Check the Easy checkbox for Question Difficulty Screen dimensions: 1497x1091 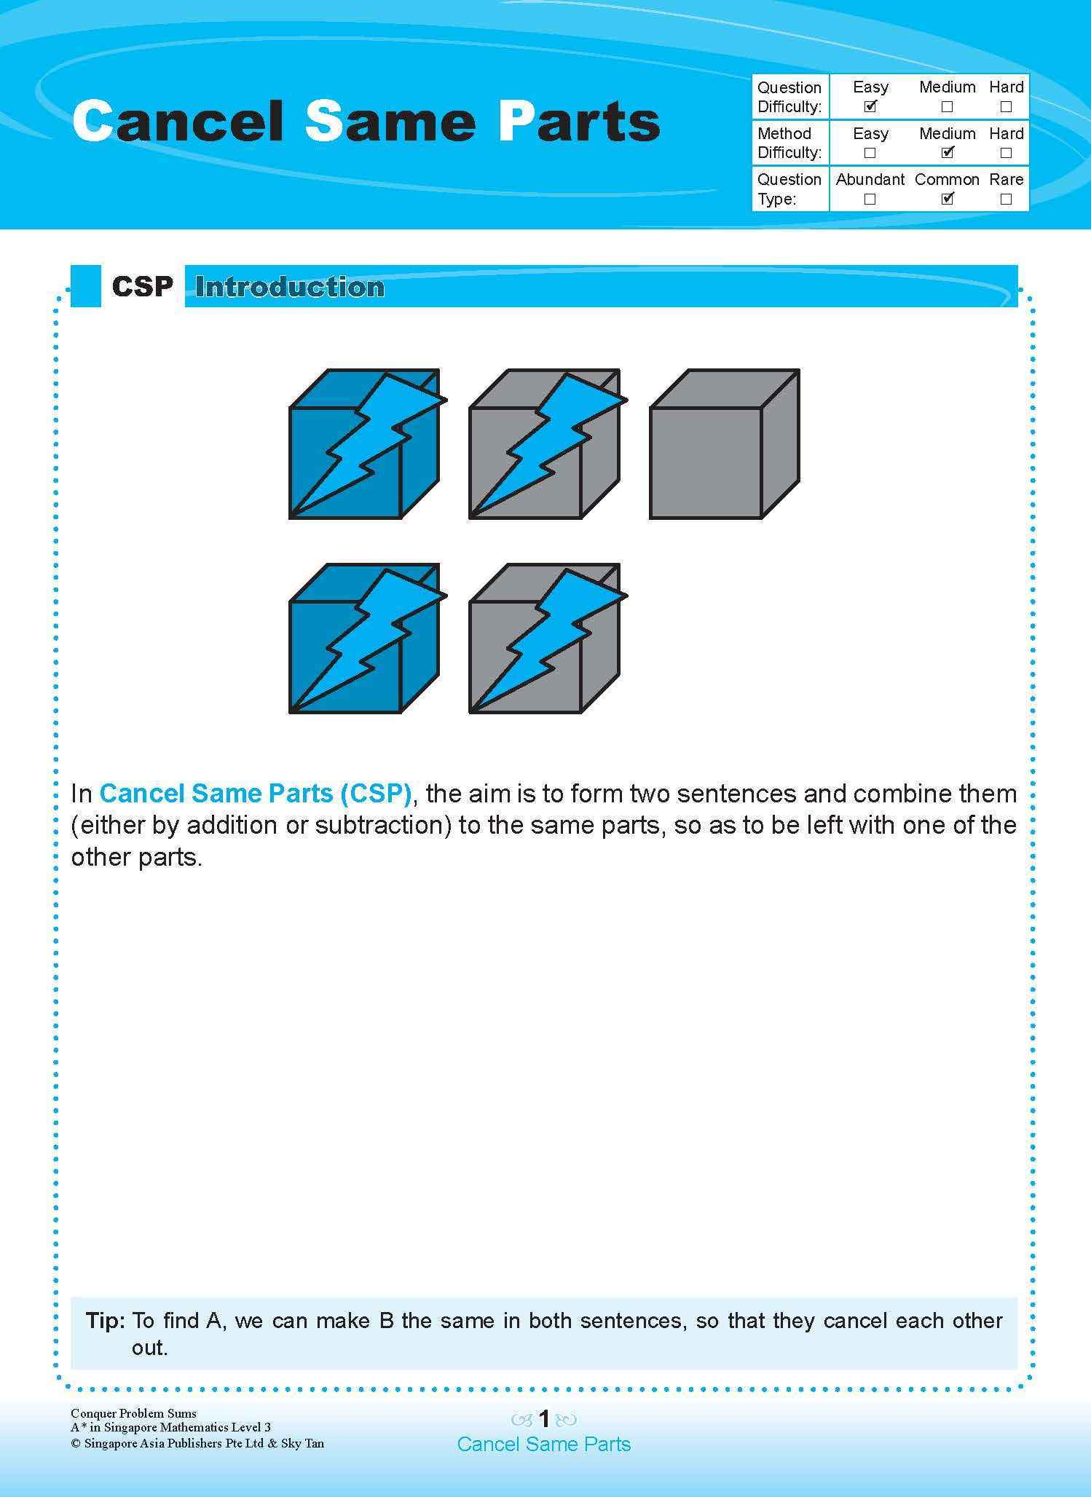point(870,106)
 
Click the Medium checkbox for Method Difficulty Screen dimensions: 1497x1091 point(947,153)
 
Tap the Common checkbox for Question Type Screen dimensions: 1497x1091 point(947,199)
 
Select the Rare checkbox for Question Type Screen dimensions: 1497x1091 point(1006,199)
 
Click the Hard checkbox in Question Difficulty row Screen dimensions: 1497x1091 point(1006,106)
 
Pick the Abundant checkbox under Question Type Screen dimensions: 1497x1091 point(870,199)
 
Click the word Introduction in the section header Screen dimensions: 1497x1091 point(290,288)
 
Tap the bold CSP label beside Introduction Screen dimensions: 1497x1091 point(143,287)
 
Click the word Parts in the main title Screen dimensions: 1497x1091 point(580,122)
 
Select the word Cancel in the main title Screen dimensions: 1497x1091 point(179,122)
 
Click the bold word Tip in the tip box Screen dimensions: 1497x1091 point(106,1321)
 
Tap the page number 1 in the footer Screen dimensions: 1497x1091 point(544,1418)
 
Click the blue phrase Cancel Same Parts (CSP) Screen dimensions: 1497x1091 point(256,793)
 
